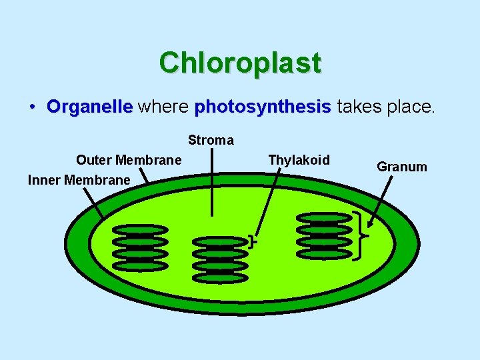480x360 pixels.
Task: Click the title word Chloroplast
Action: [x=240, y=63]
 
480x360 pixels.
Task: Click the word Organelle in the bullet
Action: [x=90, y=107]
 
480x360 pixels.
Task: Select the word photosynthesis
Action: [x=262, y=107]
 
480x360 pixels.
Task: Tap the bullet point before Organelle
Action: [x=32, y=107]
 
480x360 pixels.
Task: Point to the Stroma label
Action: [x=211, y=140]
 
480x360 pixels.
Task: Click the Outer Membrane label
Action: [x=129, y=160]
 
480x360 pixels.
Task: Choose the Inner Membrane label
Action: [x=79, y=180]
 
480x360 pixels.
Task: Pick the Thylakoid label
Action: [x=299, y=160]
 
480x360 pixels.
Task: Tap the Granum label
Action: [x=402, y=167]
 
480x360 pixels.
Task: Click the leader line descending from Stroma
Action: [x=213, y=187]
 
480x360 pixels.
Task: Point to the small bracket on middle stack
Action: [x=251, y=241]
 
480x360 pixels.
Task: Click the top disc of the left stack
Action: [x=140, y=229]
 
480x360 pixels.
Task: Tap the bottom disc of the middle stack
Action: [x=219, y=277]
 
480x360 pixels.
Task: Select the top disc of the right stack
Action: [x=323, y=217]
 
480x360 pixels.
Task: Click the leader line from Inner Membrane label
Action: [x=93, y=201]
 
